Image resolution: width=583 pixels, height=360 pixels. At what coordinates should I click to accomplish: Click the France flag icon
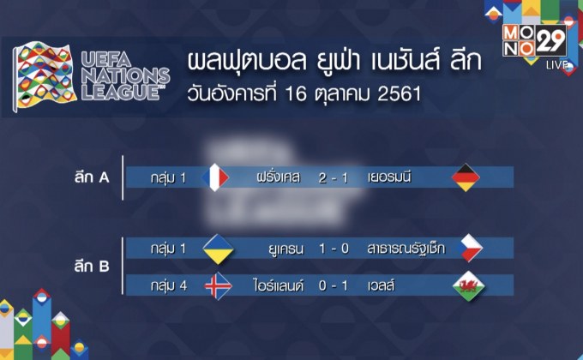coord(214,177)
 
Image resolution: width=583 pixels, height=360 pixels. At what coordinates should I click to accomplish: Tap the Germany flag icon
coord(466,177)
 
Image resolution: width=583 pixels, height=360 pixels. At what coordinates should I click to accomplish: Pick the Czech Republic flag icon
coord(468,248)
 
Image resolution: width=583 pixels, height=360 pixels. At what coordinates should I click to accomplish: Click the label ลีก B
coord(92,267)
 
